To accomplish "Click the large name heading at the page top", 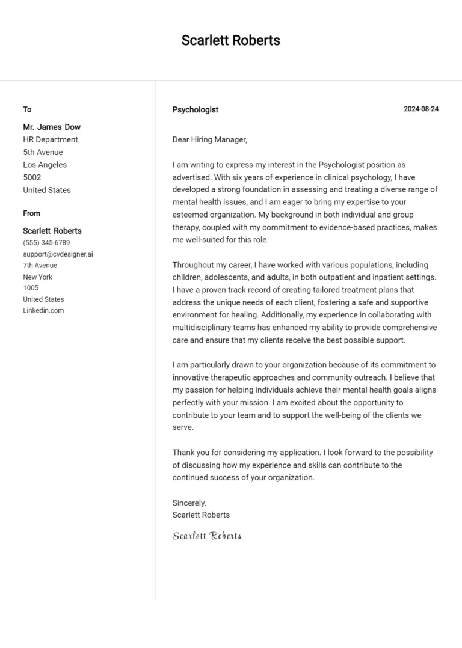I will (230, 41).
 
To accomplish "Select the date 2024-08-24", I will (420, 109).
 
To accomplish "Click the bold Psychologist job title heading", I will (195, 110).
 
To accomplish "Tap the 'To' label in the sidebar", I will (27, 109).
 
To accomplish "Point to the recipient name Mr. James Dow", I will (52, 127).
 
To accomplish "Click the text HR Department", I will (51, 139).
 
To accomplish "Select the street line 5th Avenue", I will (43, 152).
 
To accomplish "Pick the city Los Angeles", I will (45, 165).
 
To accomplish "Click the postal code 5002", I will (32, 177).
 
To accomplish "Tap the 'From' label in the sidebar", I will (32, 213).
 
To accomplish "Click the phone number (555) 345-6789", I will (46, 243).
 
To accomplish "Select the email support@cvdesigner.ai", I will (58, 254).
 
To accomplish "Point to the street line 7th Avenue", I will (40, 265).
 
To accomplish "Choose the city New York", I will (37, 277).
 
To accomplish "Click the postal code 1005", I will (31, 288).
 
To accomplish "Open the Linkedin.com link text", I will (43, 310).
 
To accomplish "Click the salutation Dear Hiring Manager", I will (209, 139).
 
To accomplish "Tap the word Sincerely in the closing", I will (189, 503).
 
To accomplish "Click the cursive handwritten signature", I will (206, 536).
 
